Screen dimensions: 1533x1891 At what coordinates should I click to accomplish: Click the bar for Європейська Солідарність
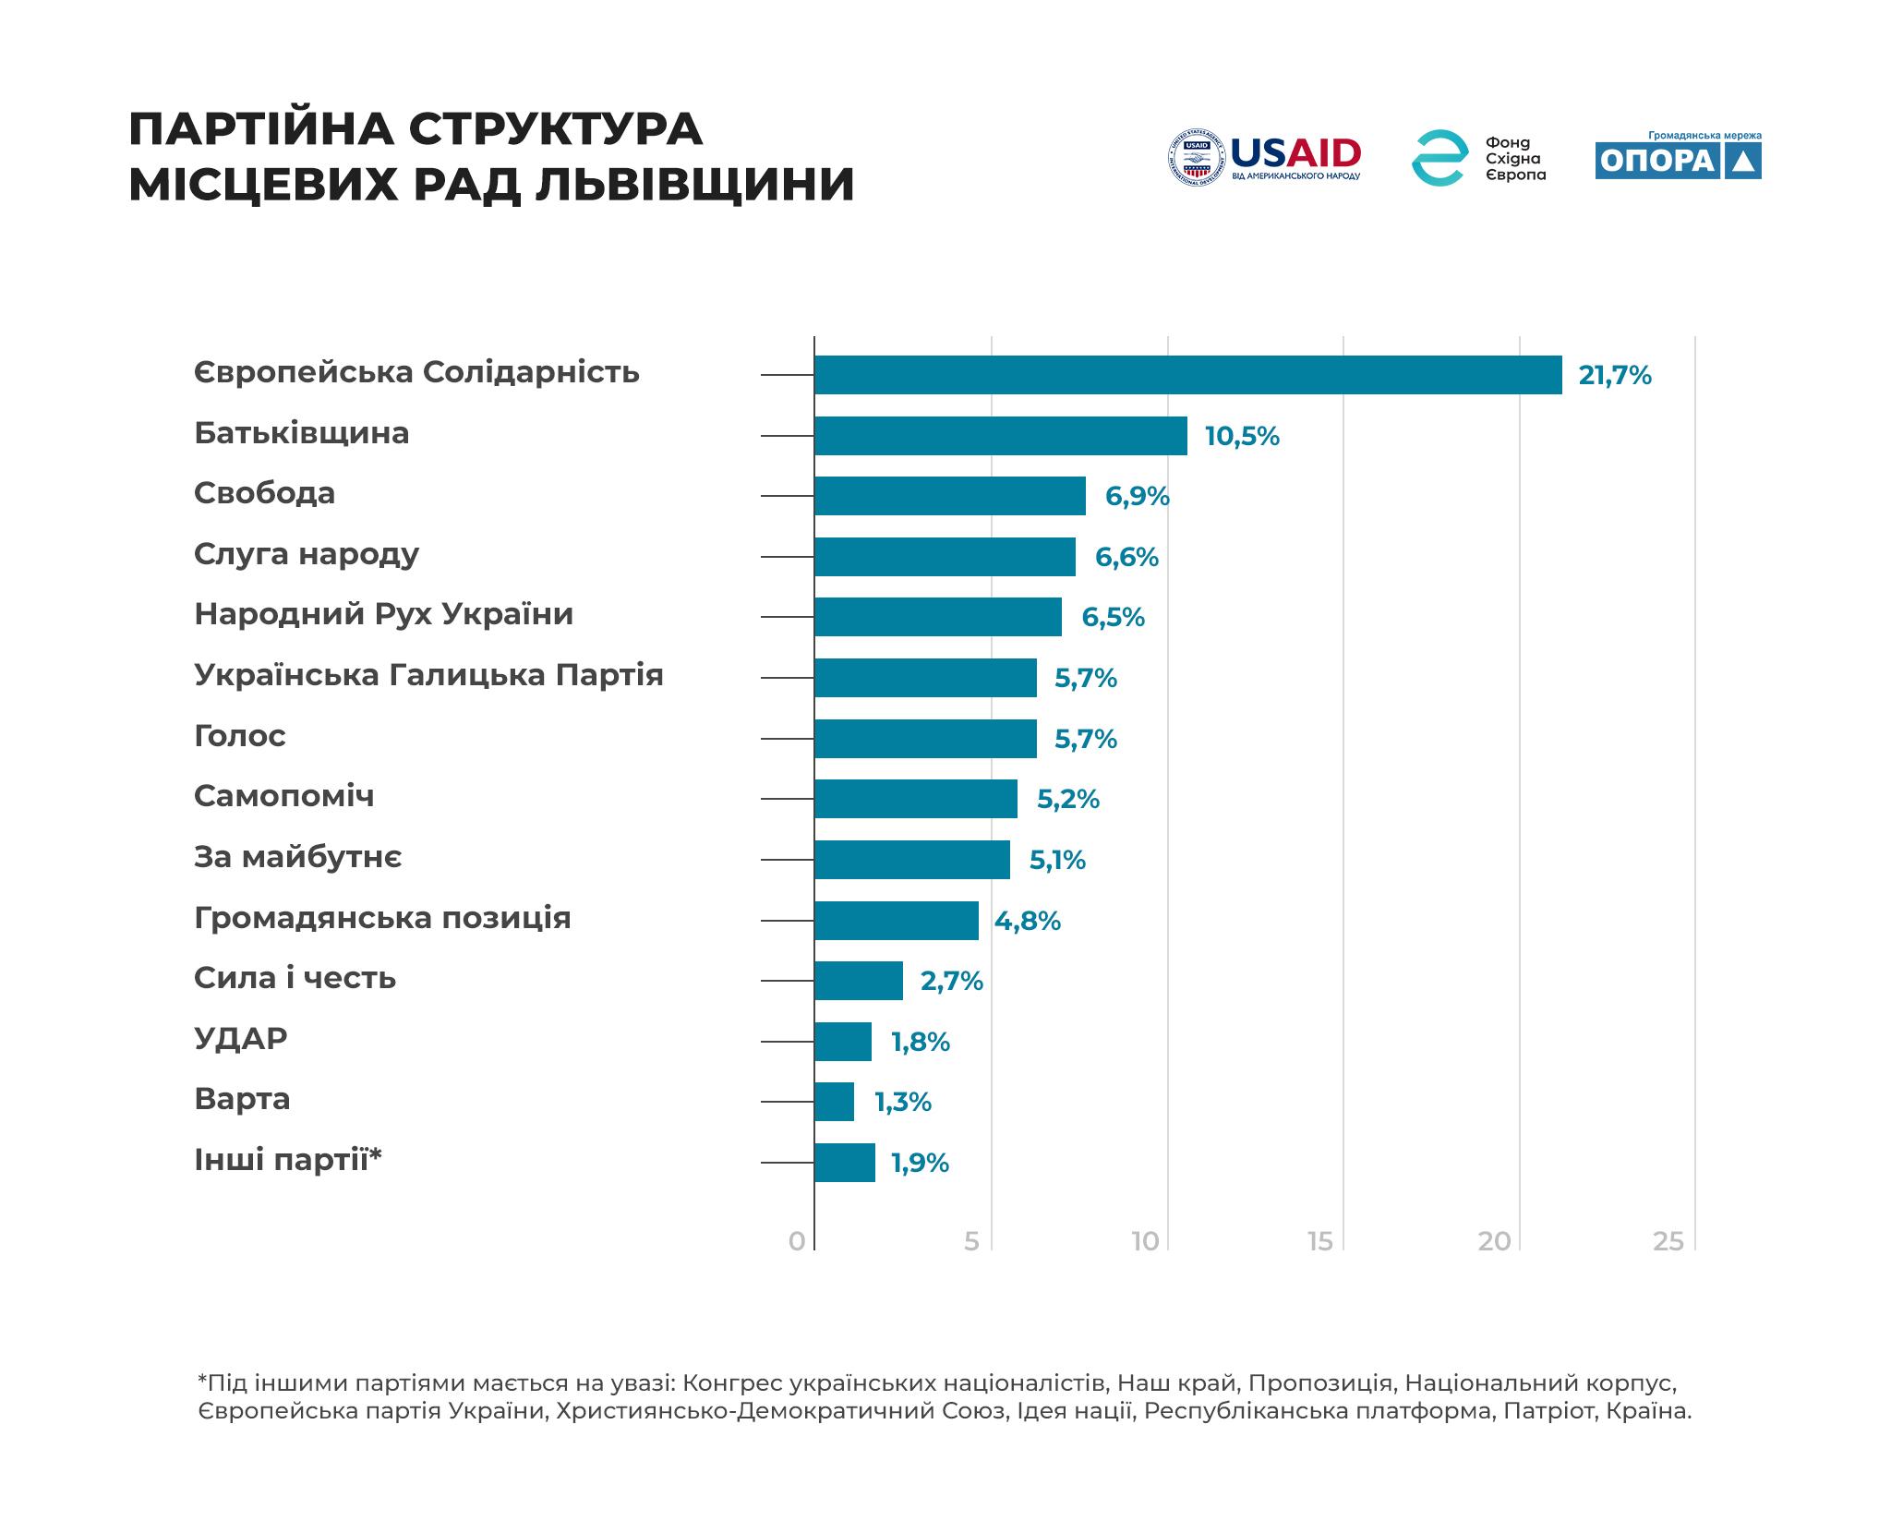click(x=1187, y=375)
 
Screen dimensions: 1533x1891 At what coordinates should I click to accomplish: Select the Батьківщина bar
click(x=1000, y=436)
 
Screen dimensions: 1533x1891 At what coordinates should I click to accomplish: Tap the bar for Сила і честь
click(x=858, y=981)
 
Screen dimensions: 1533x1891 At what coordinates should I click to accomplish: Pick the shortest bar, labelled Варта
click(x=834, y=1102)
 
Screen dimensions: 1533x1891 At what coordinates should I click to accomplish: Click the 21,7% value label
click(x=1614, y=376)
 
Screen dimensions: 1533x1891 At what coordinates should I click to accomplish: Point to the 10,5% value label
click(x=1242, y=437)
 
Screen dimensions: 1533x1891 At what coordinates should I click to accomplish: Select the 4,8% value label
click(x=1027, y=922)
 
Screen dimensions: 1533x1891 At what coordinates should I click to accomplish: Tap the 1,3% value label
click(x=902, y=1103)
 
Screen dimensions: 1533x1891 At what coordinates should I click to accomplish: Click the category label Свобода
click(x=264, y=493)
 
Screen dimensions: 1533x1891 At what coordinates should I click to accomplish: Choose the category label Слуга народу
click(x=307, y=554)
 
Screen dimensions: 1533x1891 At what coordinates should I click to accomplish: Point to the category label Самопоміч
click(x=283, y=796)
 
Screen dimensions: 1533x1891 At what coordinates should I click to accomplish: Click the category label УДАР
click(x=240, y=1039)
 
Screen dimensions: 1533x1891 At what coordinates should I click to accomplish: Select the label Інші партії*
click(x=287, y=1160)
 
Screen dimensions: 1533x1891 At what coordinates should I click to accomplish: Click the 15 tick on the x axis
click(x=1320, y=1241)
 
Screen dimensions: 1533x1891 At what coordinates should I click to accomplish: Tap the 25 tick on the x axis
click(x=1668, y=1241)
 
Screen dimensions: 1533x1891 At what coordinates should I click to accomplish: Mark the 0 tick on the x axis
click(x=797, y=1241)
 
